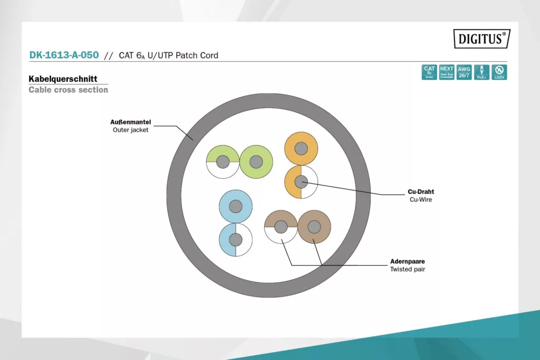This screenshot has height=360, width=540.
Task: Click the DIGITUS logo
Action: [482, 38]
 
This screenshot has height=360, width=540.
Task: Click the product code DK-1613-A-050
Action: [64, 55]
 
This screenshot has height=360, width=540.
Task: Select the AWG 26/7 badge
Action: [464, 72]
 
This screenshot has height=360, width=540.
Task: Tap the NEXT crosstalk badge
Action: [447, 72]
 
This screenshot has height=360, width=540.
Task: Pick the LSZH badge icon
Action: [499, 72]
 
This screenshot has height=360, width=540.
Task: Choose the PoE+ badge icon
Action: [481, 72]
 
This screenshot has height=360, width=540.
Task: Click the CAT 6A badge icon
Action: [430, 72]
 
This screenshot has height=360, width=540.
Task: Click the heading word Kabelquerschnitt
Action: [63, 79]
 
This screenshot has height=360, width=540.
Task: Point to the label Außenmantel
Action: [131, 122]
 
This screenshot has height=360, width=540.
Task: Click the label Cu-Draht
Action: [421, 192]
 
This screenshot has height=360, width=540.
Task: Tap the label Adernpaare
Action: [408, 261]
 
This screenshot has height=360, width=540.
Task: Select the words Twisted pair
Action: [408, 269]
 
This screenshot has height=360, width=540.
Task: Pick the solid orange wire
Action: [301, 149]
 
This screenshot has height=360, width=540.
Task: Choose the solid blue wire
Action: [236, 206]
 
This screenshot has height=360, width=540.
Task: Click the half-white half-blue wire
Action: [236, 240]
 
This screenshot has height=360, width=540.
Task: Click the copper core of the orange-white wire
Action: [301, 182]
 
